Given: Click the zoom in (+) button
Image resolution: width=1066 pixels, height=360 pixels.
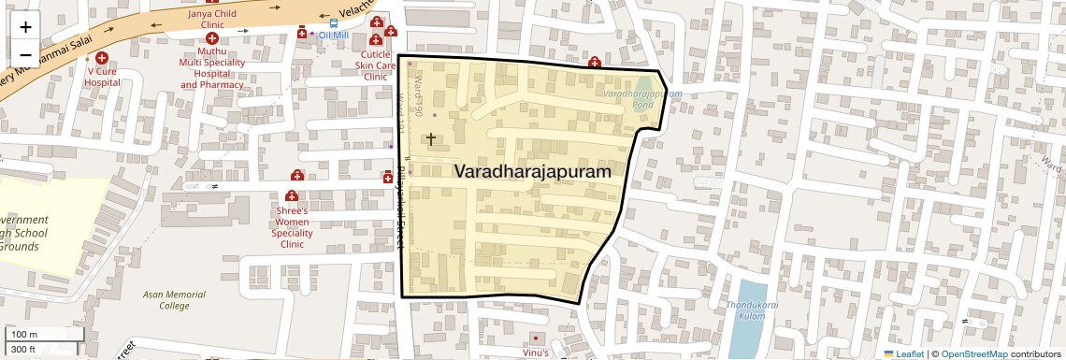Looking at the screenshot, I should pyautogui.click(x=25, y=27).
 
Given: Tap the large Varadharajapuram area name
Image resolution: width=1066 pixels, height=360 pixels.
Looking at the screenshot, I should pyautogui.click(x=533, y=172).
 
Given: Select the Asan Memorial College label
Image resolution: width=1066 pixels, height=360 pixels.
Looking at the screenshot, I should pyautogui.click(x=174, y=299).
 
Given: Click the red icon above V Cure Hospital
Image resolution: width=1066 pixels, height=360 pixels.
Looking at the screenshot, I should pyautogui.click(x=102, y=58).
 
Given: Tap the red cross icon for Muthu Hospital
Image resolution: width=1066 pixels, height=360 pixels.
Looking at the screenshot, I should pyautogui.click(x=212, y=39).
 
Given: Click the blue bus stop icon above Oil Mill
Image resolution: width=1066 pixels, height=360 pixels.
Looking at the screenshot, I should pyautogui.click(x=334, y=23).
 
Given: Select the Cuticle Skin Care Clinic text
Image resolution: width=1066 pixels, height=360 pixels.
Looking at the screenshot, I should pyautogui.click(x=375, y=65).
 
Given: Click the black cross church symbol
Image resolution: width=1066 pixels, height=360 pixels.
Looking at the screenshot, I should pyautogui.click(x=431, y=139).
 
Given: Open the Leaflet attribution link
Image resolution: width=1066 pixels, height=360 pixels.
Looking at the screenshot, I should pyautogui.click(x=903, y=353).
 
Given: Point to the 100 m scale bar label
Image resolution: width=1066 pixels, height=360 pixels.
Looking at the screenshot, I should pyautogui.click(x=22, y=334).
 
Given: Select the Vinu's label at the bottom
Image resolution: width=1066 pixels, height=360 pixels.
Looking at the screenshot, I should pyautogui.click(x=535, y=353).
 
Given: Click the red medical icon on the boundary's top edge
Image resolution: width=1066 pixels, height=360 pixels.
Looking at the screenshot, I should pyautogui.click(x=594, y=62).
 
